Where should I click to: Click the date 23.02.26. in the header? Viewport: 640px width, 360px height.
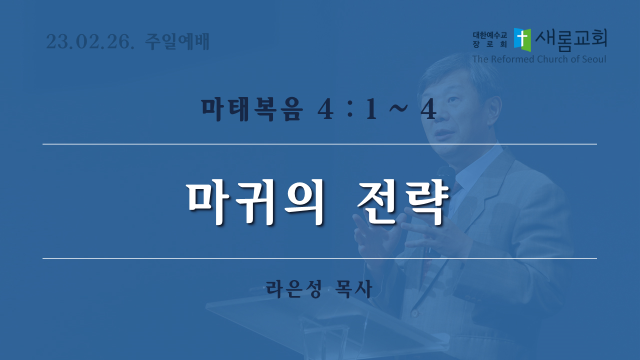[x=90, y=41]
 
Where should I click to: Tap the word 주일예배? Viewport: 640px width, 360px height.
[x=177, y=41]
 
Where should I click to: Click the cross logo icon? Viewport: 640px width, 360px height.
[x=522, y=39]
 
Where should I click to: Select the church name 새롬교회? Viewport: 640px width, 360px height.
[x=571, y=40]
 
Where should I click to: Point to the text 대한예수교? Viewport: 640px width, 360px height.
[x=490, y=35]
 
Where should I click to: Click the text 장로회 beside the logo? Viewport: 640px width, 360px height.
[x=490, y=44]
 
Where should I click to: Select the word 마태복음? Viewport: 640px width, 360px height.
[x=252, y=109]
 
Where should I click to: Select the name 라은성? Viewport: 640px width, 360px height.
[x=294, y=289]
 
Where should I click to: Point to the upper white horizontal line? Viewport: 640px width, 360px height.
[x=319, y=144]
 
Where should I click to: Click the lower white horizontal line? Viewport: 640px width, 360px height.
[x=319, y=258]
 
